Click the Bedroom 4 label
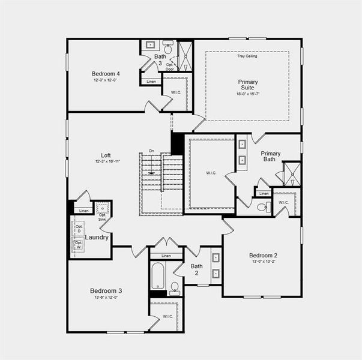tap(105, 74)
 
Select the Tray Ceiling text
tap(247, 56)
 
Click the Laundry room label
tap(97, 238)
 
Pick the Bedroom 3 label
tap(104, 290)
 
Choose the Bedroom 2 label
tap(263, 256)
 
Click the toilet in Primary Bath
tap(263, 208)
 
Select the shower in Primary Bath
tap(292, 173)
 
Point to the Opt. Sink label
tap(102, 217)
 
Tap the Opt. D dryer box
tap(79, 227)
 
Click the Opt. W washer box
tap(79, 245)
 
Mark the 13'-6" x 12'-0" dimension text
tap(104, 298)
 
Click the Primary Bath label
tap(270, 157)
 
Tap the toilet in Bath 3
tap(168, 47)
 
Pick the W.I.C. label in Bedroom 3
tap(167, 316)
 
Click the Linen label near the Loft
tap(83, 211)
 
